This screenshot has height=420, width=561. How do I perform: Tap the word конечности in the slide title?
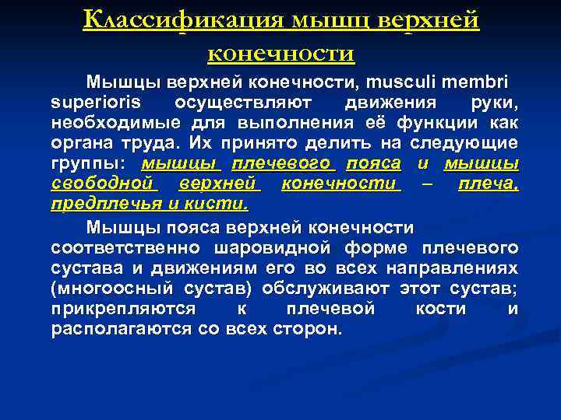[281, 53]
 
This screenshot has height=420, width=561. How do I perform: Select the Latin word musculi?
[411, 82]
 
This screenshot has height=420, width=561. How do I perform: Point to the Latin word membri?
[481, 82]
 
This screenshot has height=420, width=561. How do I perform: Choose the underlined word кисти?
[222, 204]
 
